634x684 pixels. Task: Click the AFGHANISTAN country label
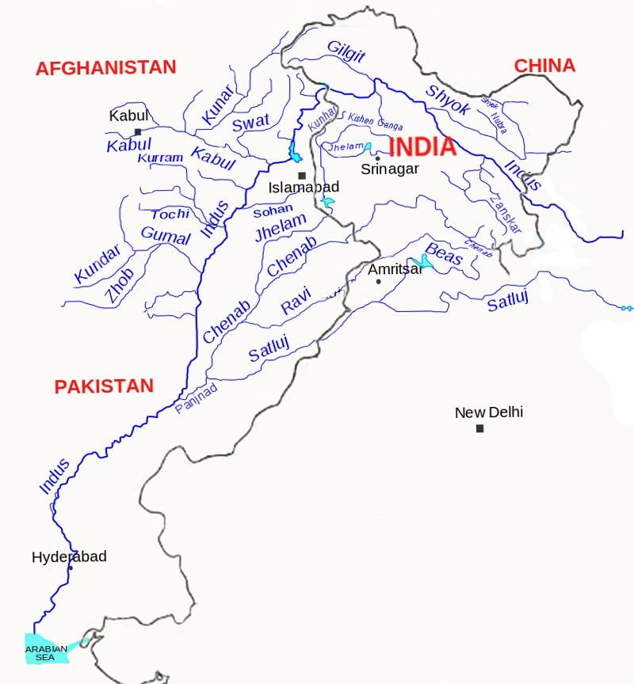[x=105, y=68]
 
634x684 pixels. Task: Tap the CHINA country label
[x=544, y=66]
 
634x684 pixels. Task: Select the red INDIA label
[x=422, y=147]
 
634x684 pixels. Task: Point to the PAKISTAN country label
[x=104, y=386]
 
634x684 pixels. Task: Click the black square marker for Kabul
[x=138, y=132]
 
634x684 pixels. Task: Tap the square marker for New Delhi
[x=479, y=428]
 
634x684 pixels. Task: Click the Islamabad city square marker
[x=301, y=176]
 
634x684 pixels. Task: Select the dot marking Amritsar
[x=378, y=282]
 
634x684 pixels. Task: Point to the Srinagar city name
[x=390, y=169]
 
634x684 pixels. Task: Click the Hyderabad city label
[x=69, y=557]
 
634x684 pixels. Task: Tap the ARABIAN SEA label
[x=46, y=652]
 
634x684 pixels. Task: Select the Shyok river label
[x=448, y=100]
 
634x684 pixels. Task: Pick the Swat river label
[x=250, y=123]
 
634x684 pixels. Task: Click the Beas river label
[x=444, y=253]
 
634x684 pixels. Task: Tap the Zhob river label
[x=119, y=287]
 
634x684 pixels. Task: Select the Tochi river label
[x=170, y=215]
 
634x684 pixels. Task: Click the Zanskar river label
[x=506, y=212]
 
